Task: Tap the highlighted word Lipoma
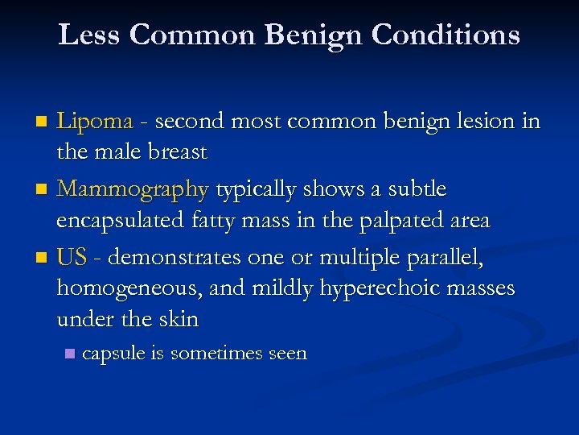coord(95,122)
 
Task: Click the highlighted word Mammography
coord(133,189)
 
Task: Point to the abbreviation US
coord(72,257)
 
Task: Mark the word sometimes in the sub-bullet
coord(210,353)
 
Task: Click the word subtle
coord(417,189)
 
